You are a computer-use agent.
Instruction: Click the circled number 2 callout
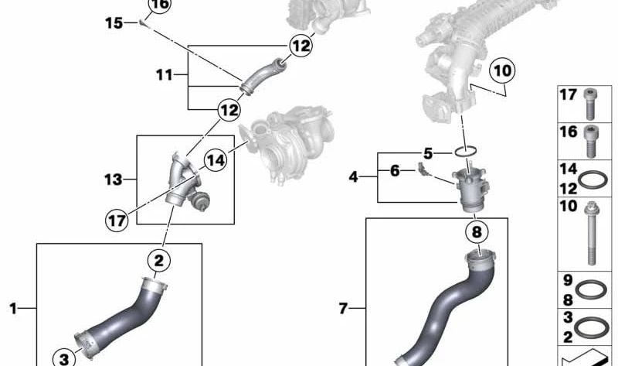(x=158, y=260)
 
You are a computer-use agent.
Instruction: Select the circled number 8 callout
(x=477, y=231)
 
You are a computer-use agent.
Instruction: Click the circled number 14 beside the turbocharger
(x=216, y=160)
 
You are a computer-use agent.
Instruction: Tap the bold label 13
(x=113, y=180)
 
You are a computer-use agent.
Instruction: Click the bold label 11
(x=163, y=76)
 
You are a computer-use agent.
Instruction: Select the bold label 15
(x=114, y=24)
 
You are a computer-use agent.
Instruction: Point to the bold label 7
(x=344, y=310)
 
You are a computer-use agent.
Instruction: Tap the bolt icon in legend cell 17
(x=593, y=98)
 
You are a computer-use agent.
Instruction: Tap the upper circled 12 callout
(x=301, y=46)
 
